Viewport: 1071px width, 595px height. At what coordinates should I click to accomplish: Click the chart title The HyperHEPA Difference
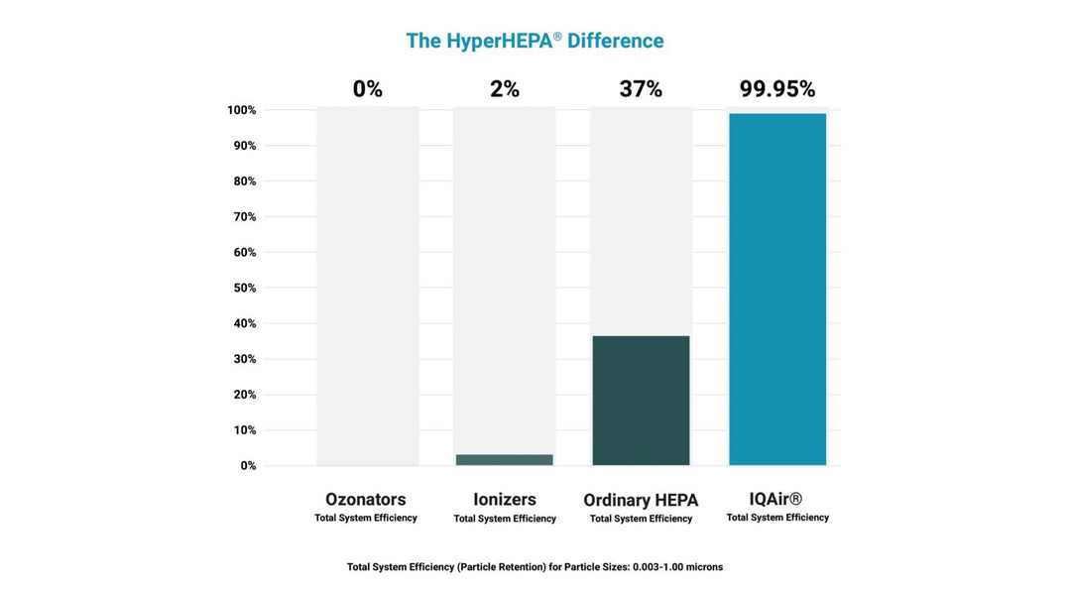coord(535,41)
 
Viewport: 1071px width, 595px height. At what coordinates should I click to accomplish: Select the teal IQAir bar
coord(777,289)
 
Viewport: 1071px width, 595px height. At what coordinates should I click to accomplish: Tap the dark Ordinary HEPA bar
coord(641,400)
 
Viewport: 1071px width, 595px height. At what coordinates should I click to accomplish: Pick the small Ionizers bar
coord(505,459)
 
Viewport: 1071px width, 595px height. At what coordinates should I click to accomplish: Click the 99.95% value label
coord(777,89)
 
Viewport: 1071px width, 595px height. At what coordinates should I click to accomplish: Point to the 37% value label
coord(641,89)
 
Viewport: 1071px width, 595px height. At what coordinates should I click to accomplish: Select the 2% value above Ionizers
coord(505,89)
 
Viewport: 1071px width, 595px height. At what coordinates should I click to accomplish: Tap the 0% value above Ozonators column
coord(367,89)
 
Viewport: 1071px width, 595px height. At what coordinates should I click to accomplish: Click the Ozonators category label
coord(366,500)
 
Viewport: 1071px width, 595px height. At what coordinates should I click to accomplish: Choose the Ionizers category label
coord(505,500)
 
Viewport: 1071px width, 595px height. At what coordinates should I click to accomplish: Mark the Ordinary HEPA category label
coord(641,501)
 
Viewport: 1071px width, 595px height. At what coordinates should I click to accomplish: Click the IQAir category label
coord(776,500)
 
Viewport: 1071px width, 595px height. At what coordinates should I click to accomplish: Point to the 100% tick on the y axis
coord(241,110)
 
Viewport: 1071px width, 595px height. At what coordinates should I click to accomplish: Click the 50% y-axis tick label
coord(244,288)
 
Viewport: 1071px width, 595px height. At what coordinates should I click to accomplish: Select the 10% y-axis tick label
coord(244,430)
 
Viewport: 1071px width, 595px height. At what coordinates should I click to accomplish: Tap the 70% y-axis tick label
coord(244,216)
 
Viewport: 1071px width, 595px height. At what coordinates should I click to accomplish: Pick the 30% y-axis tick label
coord(244,359)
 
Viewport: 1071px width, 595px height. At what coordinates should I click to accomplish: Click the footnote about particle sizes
coord(535,567)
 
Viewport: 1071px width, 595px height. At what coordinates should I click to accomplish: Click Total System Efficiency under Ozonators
coord(366,518)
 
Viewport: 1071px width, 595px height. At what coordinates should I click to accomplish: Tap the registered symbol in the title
coord(557,36)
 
